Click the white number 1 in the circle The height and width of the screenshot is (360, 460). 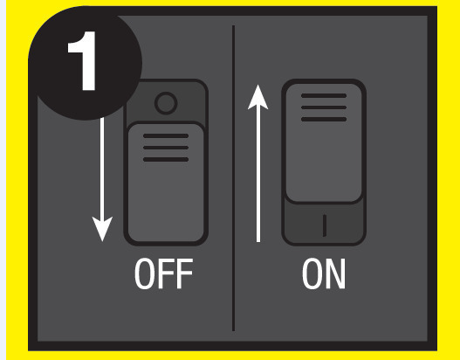84,61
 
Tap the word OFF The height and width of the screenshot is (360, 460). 164,273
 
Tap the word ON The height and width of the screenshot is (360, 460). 324,273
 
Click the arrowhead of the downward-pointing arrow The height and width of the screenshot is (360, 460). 102,229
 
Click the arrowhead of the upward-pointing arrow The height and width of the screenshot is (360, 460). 257,97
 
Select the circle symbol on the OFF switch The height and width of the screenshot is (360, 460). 166,103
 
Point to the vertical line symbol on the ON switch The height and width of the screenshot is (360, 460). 325,225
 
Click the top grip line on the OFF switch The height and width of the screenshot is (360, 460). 166,136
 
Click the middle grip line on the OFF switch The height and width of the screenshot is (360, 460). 166,148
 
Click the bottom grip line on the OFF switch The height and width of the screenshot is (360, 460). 166,159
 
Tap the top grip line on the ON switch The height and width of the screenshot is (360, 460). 324,96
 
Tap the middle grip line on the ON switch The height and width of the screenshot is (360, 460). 324,107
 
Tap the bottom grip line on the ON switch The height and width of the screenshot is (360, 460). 324,119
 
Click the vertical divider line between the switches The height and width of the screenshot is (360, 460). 233,178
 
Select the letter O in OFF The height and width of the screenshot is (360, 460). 144,273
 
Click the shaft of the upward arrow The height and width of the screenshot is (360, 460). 258,176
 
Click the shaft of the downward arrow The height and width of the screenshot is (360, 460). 102,168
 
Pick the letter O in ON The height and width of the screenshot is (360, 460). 312,273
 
